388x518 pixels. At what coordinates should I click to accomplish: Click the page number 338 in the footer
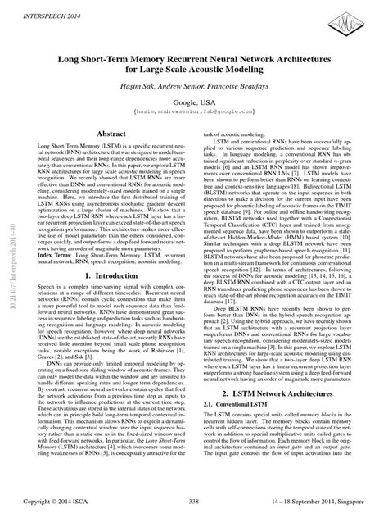pos(194,502)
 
